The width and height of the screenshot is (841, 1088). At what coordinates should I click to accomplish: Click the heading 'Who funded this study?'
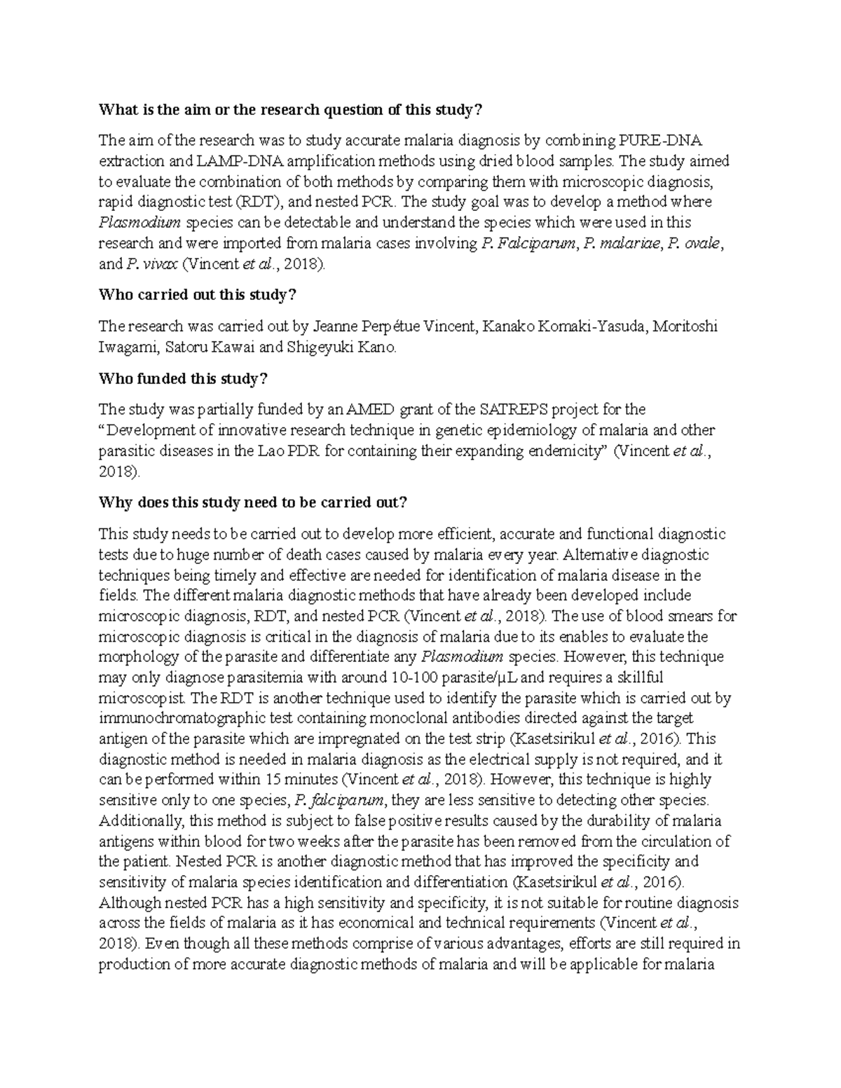183,379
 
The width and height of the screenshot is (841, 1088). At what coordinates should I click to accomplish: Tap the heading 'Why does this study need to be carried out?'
252,502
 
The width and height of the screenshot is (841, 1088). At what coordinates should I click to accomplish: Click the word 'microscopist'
142,698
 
